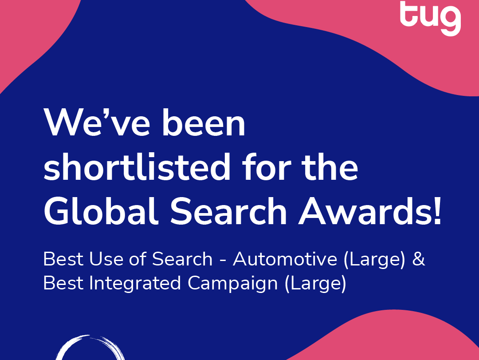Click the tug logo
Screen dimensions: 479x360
[x=430, y=18]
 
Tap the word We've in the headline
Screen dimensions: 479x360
[x=97, y=123]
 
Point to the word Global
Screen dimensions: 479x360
[x=101, y=210]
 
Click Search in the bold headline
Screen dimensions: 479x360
[x=228, y=210]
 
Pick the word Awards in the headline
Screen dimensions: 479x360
[x=365, y=210]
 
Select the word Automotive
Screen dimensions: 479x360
[x=285, y=259]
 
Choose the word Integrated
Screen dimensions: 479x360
[x=135, y=283]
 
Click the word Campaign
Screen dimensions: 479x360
[x=233, y=283]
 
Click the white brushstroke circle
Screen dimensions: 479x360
[x=67, y=345]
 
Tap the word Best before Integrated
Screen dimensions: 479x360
[x=63, y=283]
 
